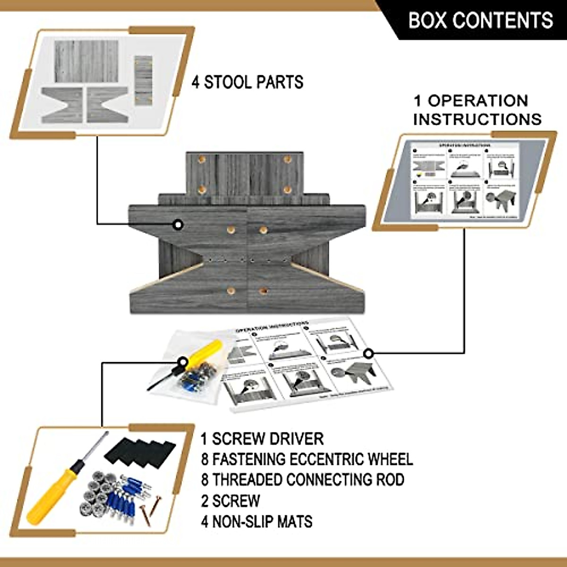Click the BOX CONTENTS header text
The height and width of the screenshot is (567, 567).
481,20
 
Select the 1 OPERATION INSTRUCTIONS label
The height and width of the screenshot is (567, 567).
477,110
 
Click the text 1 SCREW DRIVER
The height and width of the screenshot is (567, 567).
262,438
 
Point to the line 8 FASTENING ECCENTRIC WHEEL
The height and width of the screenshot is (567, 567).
307,459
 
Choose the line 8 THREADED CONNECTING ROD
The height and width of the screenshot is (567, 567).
303,480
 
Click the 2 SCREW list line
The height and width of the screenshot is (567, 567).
231,500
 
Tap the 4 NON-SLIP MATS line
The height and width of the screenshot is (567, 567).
257,522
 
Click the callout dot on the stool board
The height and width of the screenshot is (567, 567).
178,225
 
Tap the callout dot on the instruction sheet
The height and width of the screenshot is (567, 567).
369,353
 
